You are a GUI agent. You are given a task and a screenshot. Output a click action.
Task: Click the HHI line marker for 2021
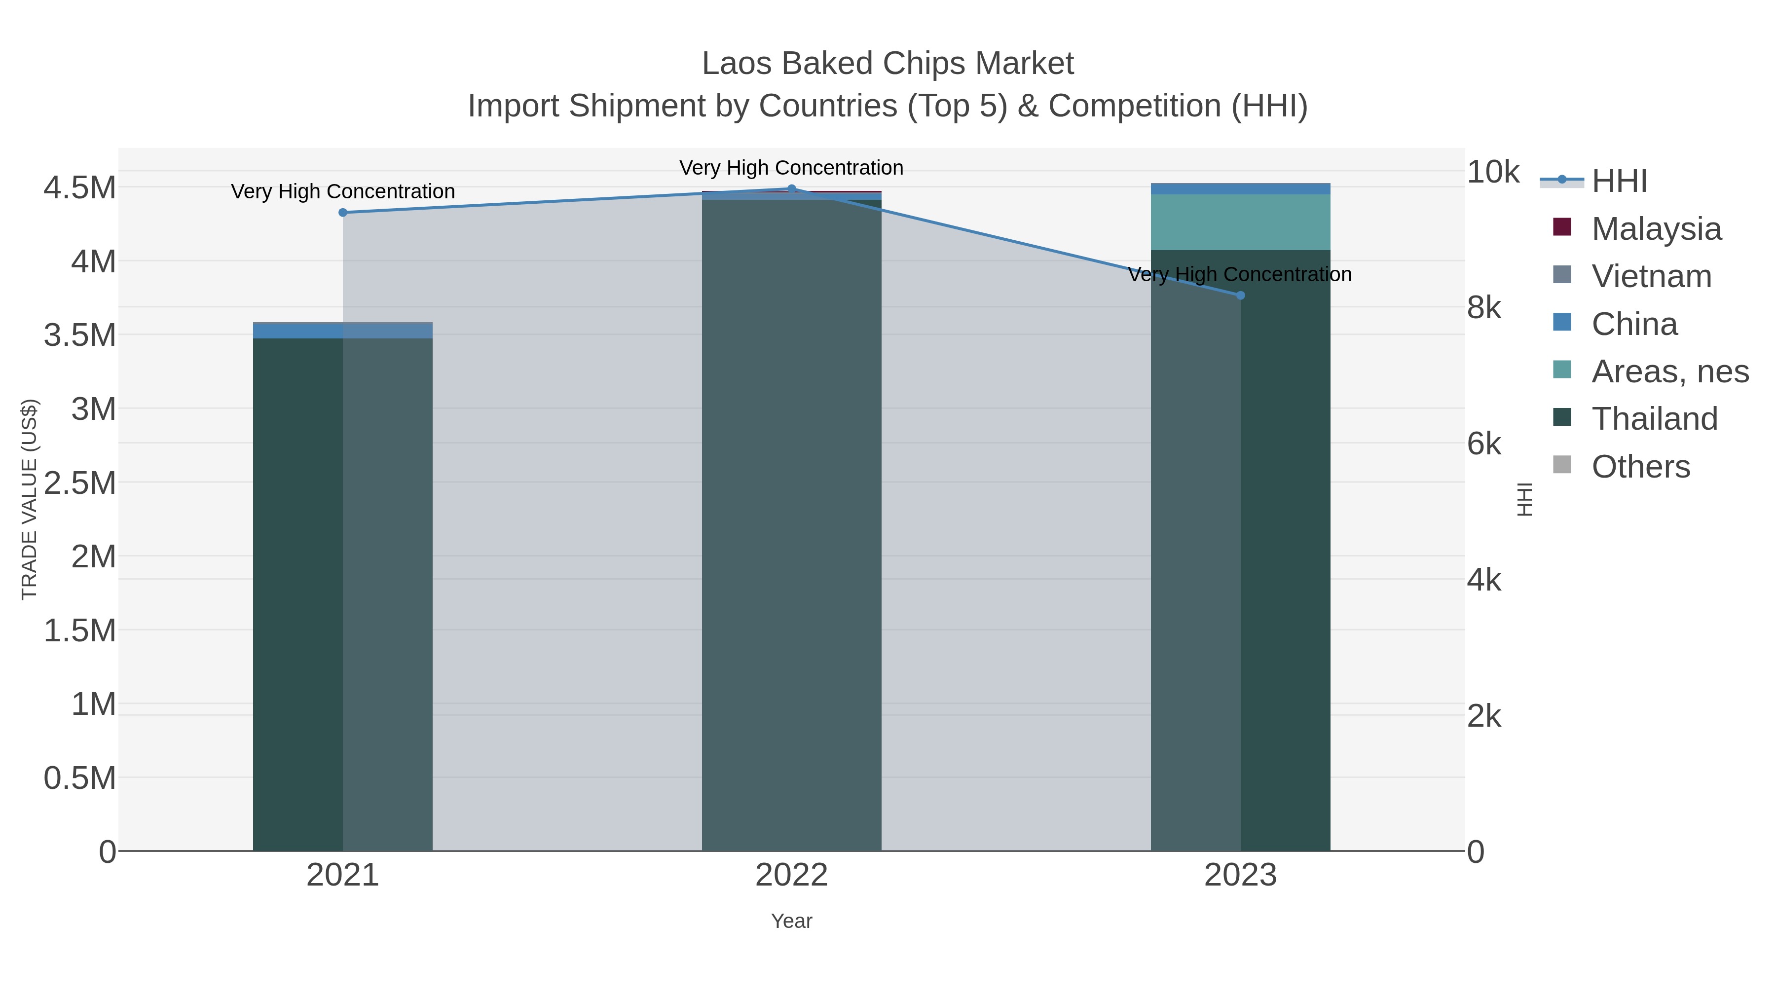tap(343, 212)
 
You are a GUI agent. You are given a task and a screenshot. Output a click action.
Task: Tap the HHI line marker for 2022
tap(791, 188)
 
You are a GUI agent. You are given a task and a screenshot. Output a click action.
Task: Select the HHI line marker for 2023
tap(1240, 295)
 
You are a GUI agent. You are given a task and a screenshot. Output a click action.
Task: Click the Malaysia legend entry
tap(1656, 228)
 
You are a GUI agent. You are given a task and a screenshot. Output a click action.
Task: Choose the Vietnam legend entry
tap(1651, 276)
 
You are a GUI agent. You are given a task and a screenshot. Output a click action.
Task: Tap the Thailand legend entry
tap(1654, 418)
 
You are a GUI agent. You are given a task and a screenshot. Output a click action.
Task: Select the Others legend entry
tap(1640, 467)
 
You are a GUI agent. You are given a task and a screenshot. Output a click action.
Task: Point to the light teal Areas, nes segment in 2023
tap(1240, 222)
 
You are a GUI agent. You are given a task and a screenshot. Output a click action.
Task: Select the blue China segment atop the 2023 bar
tap(1240, 189)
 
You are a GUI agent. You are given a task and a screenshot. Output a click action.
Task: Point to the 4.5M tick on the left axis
tap(79, 187)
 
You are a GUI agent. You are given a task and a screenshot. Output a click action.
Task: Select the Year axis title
tap(791, 921)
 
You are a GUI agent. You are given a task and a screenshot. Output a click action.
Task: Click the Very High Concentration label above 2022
tap(791, 168)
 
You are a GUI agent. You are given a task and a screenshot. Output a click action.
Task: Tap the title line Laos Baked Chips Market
tap(888, 64)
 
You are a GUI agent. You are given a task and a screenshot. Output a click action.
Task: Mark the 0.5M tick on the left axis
tap(79, 778)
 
